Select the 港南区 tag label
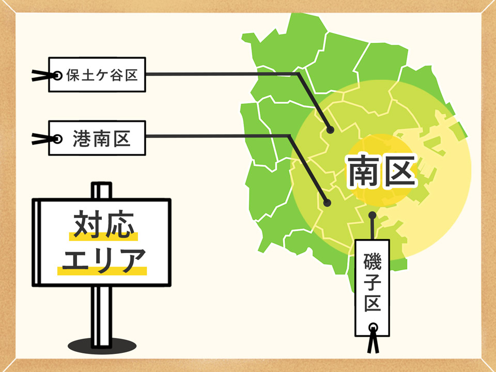point(101,138)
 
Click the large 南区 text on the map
point(381,173)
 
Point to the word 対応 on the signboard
point(104,224)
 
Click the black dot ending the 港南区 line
point(327,203)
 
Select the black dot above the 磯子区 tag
point(371,214)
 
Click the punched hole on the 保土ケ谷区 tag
point(58,75)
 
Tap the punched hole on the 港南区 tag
point(57,138)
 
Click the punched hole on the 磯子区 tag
point(373,327)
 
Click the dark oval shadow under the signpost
point(100,344)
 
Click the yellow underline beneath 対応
point(104,237)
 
